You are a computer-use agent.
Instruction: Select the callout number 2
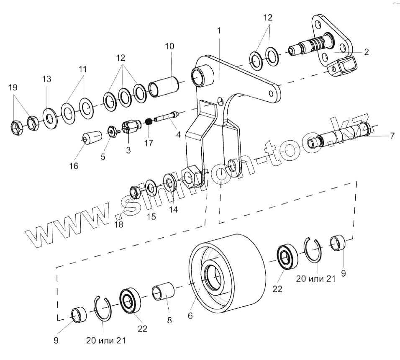tap(366, 52)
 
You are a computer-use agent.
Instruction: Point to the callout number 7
tap(392, 136)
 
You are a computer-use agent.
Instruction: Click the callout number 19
tap(13, 87)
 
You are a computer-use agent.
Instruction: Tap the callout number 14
tap(173, 209)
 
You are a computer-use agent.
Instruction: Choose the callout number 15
tap(151, 216)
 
